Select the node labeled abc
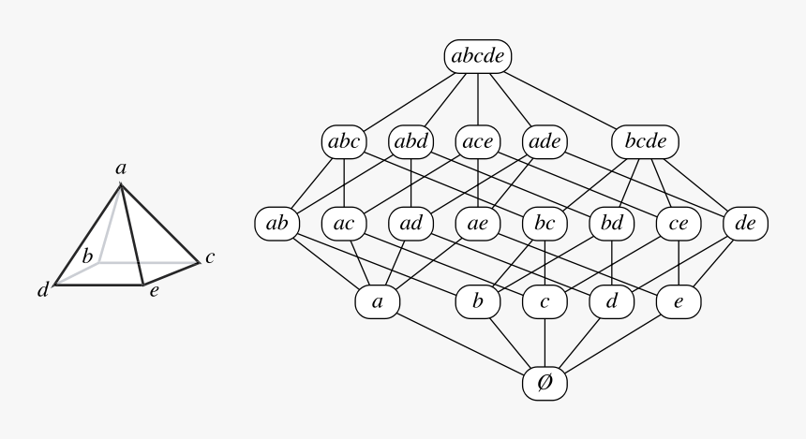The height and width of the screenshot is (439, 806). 345,142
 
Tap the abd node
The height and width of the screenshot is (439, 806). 411,142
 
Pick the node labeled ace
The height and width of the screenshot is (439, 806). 479,142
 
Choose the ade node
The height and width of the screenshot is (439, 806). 545,142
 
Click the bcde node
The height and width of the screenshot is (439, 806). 645,142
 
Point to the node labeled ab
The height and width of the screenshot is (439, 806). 276,224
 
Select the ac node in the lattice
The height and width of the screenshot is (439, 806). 344,224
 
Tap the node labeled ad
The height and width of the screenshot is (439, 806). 411,224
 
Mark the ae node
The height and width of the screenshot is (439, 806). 478,224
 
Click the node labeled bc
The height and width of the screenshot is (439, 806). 545,224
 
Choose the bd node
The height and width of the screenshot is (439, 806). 612,224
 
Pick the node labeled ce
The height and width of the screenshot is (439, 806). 679,224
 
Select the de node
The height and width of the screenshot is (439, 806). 746,224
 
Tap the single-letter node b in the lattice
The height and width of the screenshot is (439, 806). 478,302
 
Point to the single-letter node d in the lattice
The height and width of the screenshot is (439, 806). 612,302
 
